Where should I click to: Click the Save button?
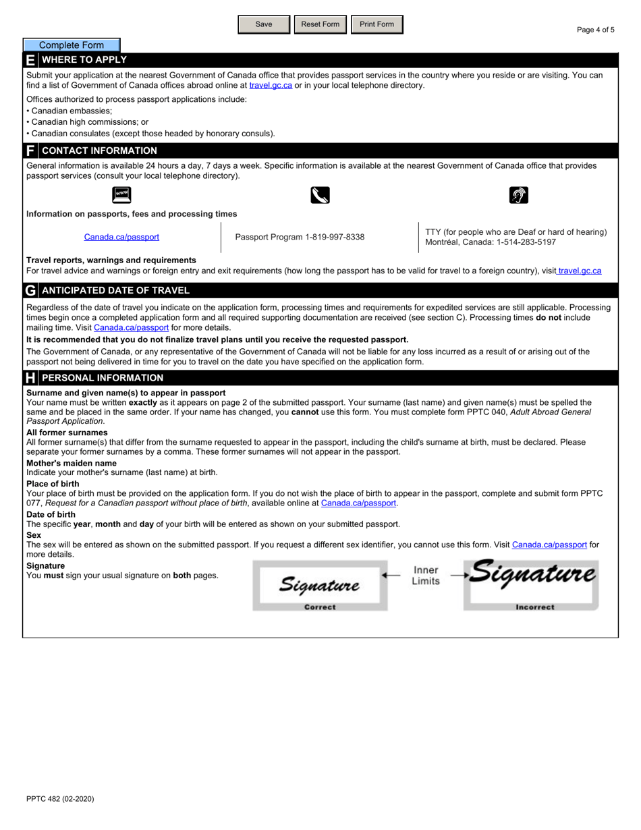tap(264, 24)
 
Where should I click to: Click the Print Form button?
tap(377, 24)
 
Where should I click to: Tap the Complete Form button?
tap(72, 45)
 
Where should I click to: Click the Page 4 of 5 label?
tap(595, 30)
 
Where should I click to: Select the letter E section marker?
tap(30, 60)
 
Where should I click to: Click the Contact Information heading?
tap(99, 150)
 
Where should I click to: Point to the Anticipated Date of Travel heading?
tap(115, 291)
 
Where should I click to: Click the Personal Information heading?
tap(103, 378)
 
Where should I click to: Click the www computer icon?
tap(121, 195)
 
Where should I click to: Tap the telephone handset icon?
tap(320, 196)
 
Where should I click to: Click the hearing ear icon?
tap(518, 196)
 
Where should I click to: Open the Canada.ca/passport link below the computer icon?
tap(121, 237)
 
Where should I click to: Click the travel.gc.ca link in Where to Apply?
tap(271, 86)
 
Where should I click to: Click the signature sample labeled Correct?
tap(320, 585)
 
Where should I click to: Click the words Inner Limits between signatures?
tap(426, 576)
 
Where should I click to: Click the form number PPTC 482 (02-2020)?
tap(60, 799)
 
